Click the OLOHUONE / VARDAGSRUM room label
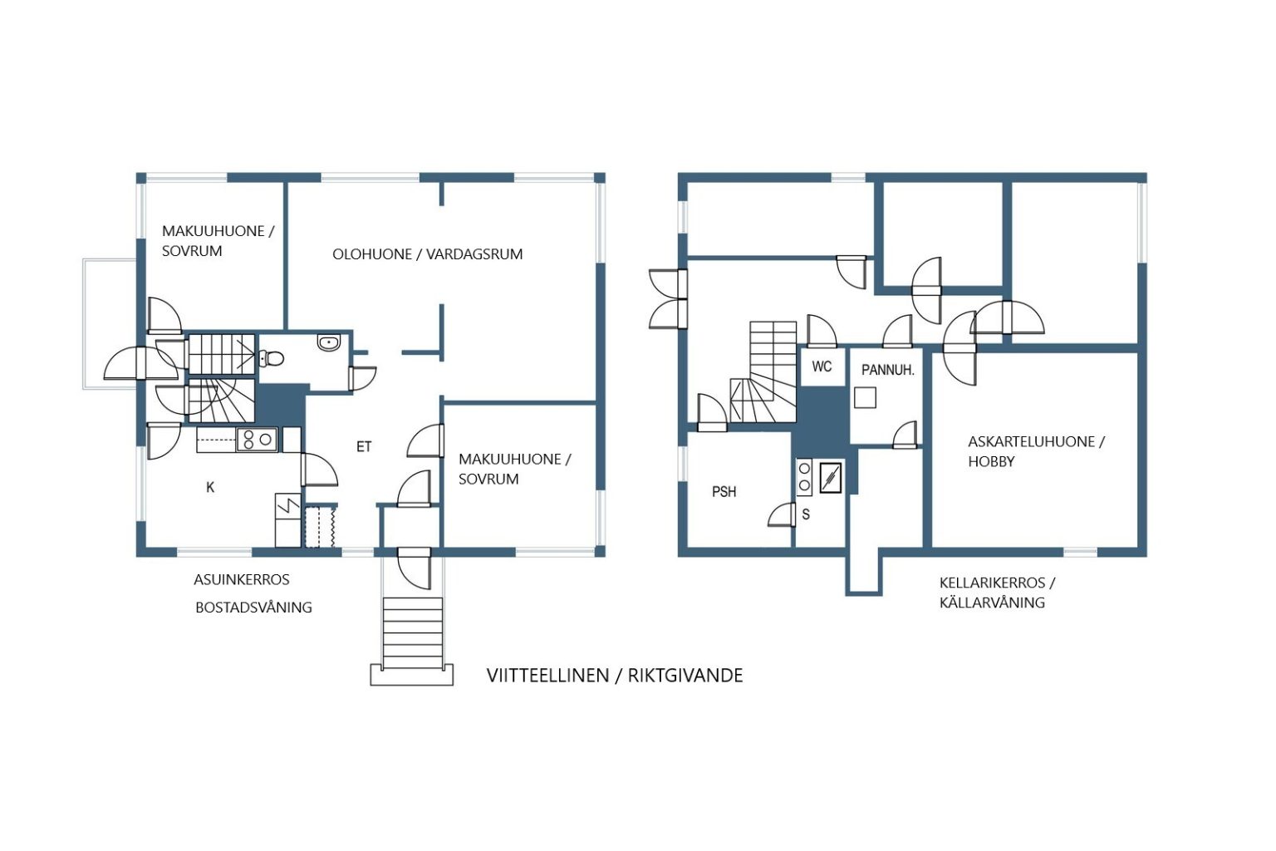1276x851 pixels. [427, 254]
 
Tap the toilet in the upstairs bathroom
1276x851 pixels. [272, 358]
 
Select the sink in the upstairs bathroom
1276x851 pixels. [329, 342]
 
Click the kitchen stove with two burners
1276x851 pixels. [257, 440]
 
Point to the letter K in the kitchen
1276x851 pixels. [210, 487]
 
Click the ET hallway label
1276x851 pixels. [364, 447]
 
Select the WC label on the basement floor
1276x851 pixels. [822, 366]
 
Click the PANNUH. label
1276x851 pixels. [887, 371]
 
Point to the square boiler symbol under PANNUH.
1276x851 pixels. [865, 397]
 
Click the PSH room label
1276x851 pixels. [724, 491]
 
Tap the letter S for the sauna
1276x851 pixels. [806, 514]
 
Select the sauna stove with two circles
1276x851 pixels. [804, 477]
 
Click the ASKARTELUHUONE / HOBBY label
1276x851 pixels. [1036, 451]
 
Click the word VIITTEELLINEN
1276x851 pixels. [547, 676]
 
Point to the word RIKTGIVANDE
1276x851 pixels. [685, 676]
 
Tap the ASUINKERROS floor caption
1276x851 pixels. [242, 580]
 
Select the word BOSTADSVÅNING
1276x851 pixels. [253, 608]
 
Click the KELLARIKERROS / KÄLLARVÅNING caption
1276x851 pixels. [997, 593]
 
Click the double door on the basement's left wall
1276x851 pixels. [668, 299]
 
